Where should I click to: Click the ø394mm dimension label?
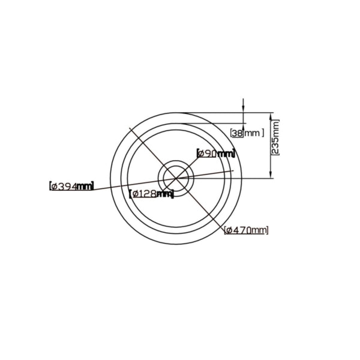pos(72,186)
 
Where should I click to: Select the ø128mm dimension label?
pos(152,193)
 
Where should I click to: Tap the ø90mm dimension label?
pos(216,154)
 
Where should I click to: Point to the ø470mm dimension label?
pos(246,230)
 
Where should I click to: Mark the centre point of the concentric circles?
pos(175,176)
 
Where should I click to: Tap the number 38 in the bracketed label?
pos(237,133)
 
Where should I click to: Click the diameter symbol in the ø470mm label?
pos(229,230)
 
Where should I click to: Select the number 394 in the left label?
pos(67,186)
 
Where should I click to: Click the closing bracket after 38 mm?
pos(263,133)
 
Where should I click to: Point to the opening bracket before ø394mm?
pos(50,186)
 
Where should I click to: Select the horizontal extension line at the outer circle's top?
pos(228,113)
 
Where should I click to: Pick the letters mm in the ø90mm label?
pos(226,154)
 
